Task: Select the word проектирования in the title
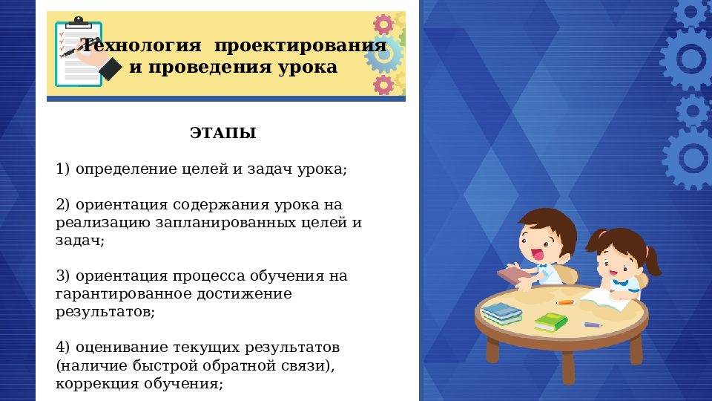click(300, 46)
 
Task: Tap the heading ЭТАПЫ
click(222, 134)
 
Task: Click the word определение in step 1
click(125, 169)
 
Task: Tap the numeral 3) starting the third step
click(63, 276)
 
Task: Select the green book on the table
click(550, 322)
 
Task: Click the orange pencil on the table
click(566, 301)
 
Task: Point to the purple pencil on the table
click(593, 325)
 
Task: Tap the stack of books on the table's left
click(502, 313)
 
